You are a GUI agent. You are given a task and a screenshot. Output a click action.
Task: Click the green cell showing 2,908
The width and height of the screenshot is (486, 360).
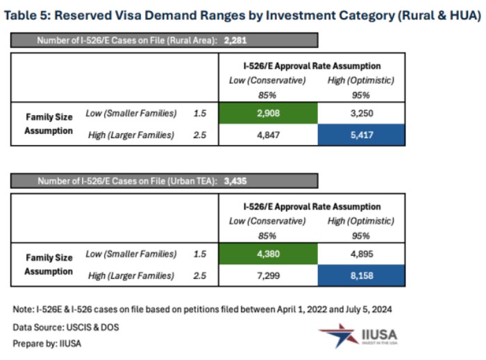pos(267,113)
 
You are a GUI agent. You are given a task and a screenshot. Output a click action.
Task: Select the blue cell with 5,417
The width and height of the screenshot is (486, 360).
pos(360,135)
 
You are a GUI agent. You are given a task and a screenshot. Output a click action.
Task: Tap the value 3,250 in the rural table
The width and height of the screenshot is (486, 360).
pos(360,113)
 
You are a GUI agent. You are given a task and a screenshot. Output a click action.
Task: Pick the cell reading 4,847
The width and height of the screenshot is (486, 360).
pos(267,135)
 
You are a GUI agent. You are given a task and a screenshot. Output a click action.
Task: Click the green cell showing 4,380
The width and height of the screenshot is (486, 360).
pos(267,254)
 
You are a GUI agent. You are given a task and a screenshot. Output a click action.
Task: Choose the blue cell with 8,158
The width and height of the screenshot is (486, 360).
pos(360,276)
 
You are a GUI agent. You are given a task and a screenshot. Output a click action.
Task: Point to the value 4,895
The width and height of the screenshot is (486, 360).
pos(360,254)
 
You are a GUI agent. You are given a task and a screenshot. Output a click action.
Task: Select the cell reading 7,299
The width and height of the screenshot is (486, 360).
pos(267,276)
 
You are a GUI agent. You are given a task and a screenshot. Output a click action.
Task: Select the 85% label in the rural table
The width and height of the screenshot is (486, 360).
pos(267,95)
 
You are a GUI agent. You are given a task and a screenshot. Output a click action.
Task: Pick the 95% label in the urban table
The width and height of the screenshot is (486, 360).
pos(360,236)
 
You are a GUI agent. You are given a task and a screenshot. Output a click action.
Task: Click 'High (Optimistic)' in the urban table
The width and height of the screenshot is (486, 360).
pos(360,221)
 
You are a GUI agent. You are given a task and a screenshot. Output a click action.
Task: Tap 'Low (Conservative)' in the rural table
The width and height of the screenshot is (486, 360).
pos(267,80)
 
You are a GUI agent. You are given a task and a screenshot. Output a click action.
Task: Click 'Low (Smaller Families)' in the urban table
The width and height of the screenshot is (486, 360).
pos(131,254)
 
